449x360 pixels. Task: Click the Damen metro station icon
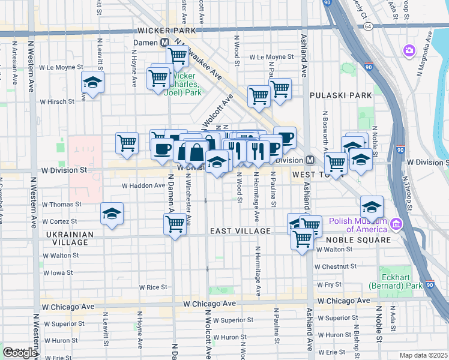[164, 43]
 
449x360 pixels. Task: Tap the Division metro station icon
[310, 160]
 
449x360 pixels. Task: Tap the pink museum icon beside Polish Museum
[395, 225]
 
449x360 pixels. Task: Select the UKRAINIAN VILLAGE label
[70, 239]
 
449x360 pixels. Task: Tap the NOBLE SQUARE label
[360, 240]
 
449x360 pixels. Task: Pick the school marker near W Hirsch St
[93, 82]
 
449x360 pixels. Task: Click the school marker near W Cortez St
[112, 214]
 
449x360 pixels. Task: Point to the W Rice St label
[153, 287]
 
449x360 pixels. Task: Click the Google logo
[20, 353]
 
